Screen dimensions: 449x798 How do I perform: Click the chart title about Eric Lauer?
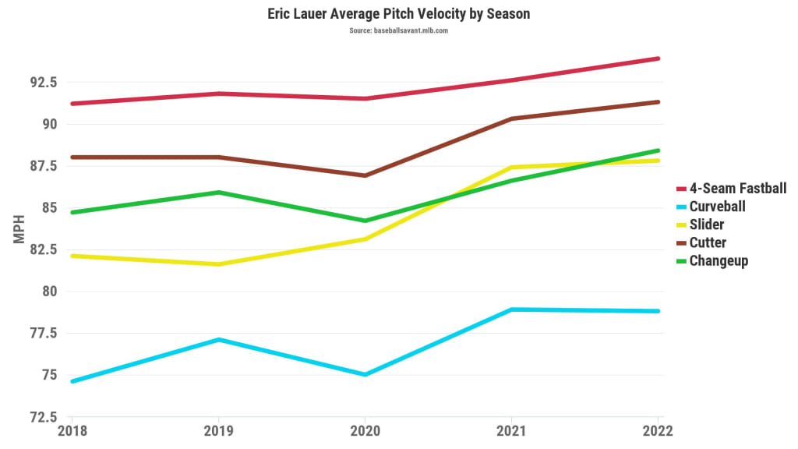[399, 14]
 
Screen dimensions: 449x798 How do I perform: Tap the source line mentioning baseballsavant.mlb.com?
[399, 31]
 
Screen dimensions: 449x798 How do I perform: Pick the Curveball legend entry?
[717, 207]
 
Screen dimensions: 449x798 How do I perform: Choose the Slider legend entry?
[706, 224]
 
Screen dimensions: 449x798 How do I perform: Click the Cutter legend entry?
[708, 242]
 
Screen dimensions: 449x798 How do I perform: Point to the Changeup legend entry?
[719, 261]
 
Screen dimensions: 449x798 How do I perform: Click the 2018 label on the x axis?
[72, 431]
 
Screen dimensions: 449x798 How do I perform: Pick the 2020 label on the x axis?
[365, 431]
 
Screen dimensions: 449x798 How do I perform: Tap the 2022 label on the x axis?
[657, 431]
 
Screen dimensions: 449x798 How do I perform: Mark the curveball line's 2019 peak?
[218, 340]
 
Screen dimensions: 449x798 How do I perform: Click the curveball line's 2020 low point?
[365, 375]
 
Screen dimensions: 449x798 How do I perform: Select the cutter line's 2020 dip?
[365, 175]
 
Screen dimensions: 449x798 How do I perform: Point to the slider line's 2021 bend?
[510, 167]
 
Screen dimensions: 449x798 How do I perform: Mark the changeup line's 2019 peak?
[218, 193]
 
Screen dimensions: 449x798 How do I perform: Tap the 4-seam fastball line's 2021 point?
[510, 80]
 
